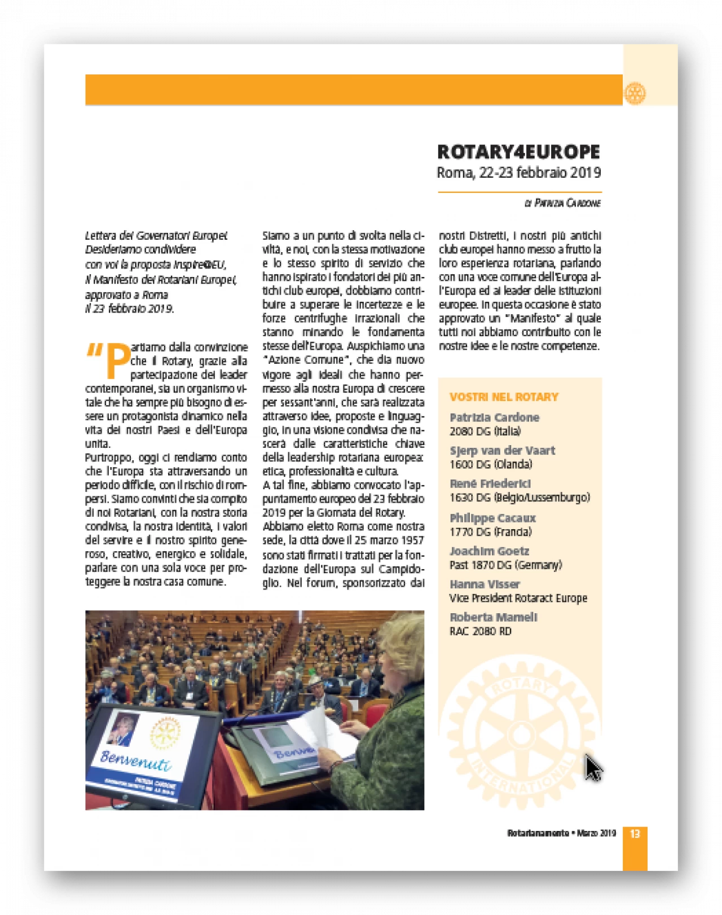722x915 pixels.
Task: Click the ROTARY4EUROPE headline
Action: pyautogui.click(x=518, y=152)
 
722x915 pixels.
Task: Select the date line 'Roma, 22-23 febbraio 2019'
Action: pyautogui.click(x=518, y=173)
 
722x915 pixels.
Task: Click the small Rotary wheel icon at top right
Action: pyautogui.click(x=635, y=93)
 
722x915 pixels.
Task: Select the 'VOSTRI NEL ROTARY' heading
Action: pyautogui.click(x=504, y=397)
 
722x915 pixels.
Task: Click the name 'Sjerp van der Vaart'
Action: pyautogui.click(x=502, y=451)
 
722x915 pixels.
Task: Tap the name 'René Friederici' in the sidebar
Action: pyautogui.click(x=490, y=484)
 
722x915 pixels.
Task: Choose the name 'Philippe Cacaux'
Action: pyautogui.click(x=492, y=518)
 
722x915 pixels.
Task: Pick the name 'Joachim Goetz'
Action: pyautogui.click(x=489, y=551)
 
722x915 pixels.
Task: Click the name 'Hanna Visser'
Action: pyautogui.click(x=485, y=584)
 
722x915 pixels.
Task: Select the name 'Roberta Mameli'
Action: pyautogui.click(x=493, y=617)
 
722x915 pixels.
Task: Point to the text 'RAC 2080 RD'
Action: pyautogui.click(x=480, y=631)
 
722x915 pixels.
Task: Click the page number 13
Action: pyautogui.click(x=635, y=834)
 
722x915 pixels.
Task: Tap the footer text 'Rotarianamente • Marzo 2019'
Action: pyautogui.click(x=561, y=834)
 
